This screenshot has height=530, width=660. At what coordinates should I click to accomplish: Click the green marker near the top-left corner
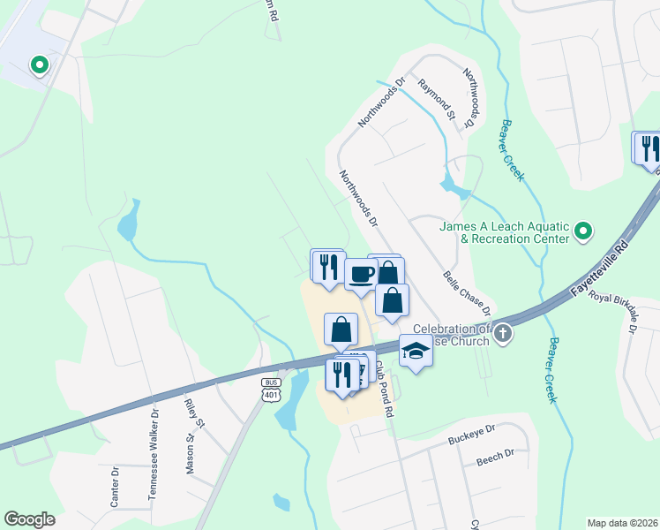point(39,65)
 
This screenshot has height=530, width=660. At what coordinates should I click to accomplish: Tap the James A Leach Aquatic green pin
point(582,232)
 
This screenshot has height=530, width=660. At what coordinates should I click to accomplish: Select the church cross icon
point(503,333)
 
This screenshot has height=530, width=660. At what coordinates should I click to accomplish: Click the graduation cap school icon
point(416,351)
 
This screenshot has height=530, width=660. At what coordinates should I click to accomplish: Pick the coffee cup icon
point(360,273)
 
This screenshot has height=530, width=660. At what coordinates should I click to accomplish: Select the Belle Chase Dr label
point(468,293)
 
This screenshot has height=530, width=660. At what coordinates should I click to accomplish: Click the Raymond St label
point(437,98)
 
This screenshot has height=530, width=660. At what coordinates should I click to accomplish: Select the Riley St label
point(195,413)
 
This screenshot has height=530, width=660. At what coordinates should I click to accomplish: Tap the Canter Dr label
point(115,488)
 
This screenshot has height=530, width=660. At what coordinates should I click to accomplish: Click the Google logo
point(29,519)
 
